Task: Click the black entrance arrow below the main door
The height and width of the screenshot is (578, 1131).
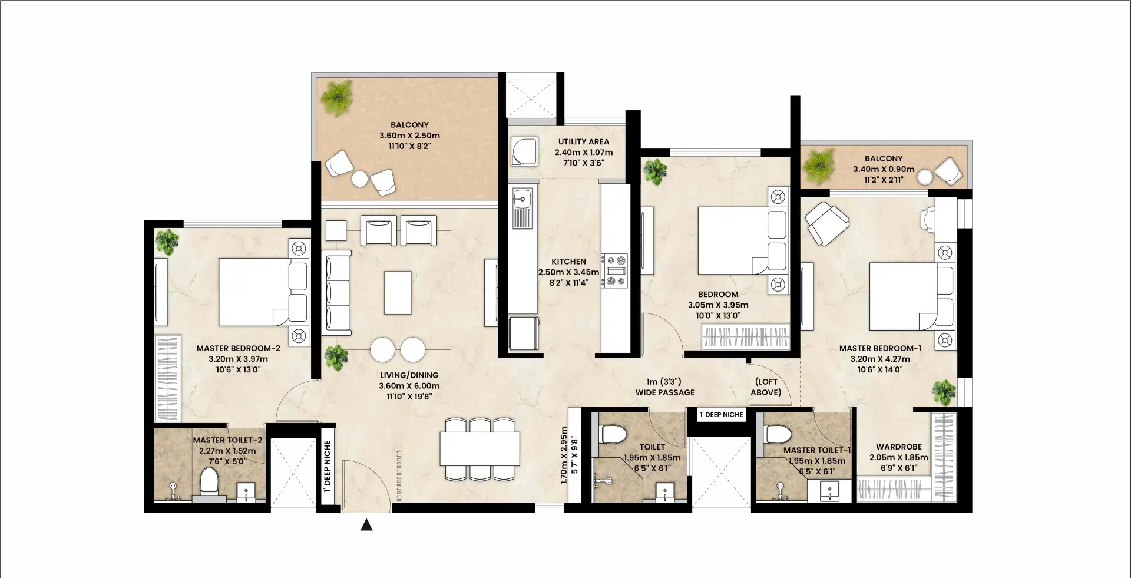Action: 366,524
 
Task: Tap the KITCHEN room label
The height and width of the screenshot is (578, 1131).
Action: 568,262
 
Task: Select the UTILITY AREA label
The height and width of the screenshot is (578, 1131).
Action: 584,141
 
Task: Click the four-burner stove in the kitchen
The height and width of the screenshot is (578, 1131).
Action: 614,270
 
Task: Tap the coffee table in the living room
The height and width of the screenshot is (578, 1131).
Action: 398,292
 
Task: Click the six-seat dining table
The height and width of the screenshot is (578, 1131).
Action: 479,449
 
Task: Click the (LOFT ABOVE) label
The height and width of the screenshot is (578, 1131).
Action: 766,387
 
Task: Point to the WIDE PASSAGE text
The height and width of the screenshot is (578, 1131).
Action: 664,392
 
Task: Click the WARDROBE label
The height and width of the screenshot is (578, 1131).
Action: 899,447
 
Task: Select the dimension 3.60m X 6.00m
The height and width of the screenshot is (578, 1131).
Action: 409,386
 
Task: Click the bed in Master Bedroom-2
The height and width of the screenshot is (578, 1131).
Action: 263,292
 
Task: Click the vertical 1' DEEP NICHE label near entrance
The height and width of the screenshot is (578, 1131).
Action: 327,466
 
